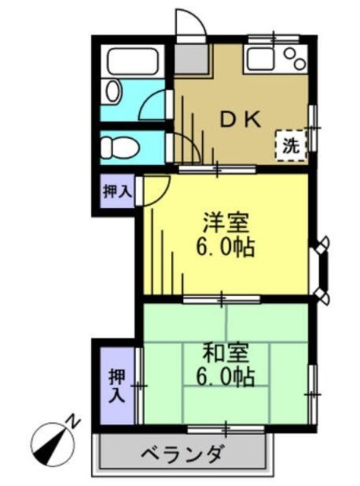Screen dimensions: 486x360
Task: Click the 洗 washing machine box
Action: click(x=289, y=144)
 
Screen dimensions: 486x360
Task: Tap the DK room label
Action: click(x=242, y=118)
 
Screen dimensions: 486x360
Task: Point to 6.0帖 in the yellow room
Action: click(x=224, y=248)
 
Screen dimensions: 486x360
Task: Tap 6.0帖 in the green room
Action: click(x=224, y=377)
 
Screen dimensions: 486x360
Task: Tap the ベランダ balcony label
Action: click(x=182, y=455)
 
